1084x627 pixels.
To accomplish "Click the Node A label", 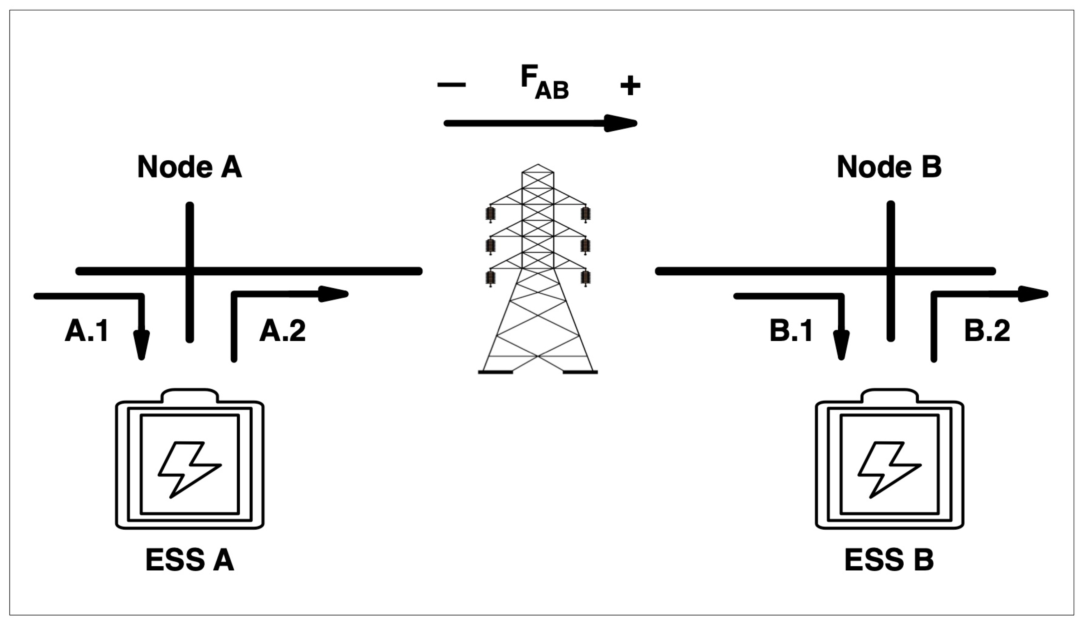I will [189, 166].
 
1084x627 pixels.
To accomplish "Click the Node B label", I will [889, 166].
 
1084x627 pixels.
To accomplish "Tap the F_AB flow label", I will [544, 83].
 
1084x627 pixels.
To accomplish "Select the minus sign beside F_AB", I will [451, 85].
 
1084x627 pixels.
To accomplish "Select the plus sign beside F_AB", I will [630, 85].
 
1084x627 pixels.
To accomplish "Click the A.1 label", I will [86, 331].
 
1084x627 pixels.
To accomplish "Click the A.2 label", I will [282, 331].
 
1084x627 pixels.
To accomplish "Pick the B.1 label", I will [791, 331].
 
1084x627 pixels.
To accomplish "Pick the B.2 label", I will [987, 331].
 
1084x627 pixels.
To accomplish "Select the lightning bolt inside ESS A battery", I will [189, 469].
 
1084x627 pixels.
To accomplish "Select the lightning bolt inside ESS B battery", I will [889, 469].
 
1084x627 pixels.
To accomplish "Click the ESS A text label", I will [189, 560].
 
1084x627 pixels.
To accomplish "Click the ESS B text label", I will [889, 560].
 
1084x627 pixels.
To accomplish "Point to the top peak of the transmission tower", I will [538, 165].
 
